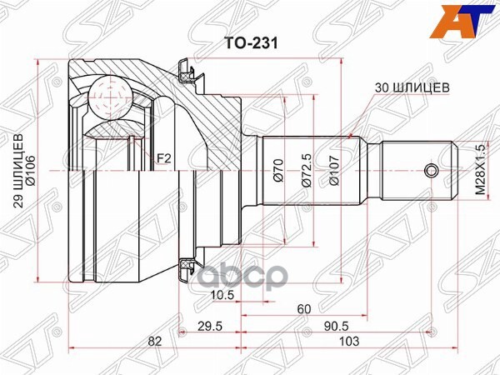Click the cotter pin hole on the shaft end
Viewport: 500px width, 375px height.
point(430,172)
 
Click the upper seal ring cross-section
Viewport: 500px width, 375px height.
point(189,72)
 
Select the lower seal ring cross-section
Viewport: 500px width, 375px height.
point(189,266)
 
